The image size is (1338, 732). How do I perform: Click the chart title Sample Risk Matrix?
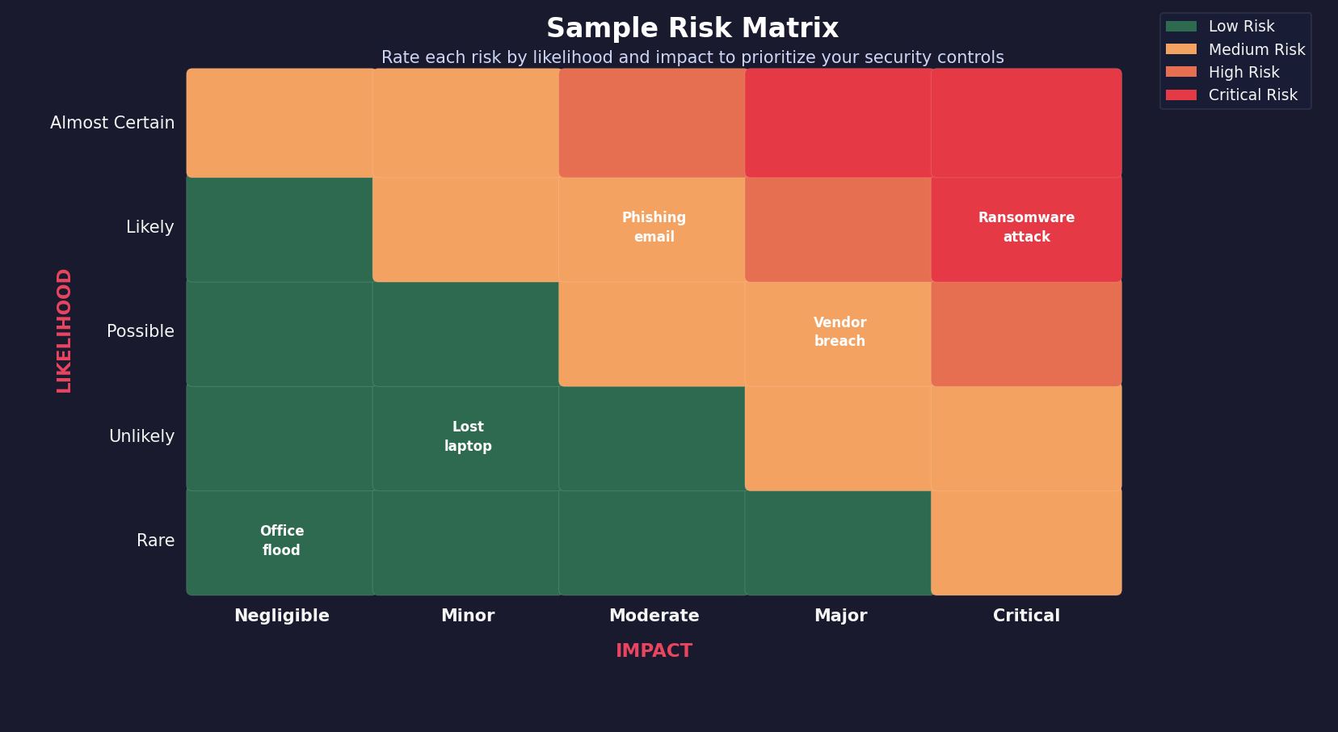(692, 28)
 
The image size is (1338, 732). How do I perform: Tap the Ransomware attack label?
(1026, 227)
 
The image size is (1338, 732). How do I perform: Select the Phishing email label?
(654, 227)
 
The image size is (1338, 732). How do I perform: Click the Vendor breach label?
(839, 331)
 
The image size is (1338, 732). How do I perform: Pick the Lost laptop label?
(468, 436)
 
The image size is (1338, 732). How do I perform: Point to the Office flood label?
(281, 541)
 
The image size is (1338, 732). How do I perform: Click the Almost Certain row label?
(112, 123)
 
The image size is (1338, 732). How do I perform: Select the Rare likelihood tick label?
(155, 541)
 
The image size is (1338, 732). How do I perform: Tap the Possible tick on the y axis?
(140, 331)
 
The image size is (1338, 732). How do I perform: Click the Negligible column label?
(281, 616)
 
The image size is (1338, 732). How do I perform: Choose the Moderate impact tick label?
(654, 616)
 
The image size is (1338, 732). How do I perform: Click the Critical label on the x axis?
(1026, 616)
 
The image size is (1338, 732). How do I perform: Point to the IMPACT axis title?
(654, 651)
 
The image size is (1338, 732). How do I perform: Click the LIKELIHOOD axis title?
(65, 331)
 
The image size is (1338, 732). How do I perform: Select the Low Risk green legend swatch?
(1180, 27)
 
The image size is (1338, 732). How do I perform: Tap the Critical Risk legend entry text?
(1252, 95)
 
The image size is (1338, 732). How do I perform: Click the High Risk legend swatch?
(1180, 72)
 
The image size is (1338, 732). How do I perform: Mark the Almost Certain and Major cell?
(839, 123)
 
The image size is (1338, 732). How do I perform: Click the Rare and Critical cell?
(1026, 541)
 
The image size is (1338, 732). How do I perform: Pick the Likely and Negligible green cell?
(281, 227)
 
